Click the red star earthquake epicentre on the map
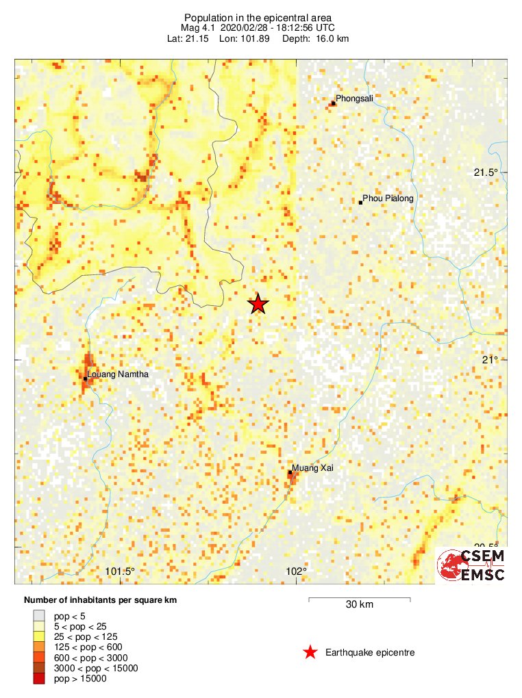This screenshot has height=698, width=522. click(258, 304)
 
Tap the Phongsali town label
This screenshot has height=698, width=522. click(354, 99)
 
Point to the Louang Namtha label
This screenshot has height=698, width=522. click(118, 374)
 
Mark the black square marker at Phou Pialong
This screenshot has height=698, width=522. click(361, 203)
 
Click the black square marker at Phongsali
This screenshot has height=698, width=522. click(333, 103)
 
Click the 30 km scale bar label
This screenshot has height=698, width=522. click(359, 605)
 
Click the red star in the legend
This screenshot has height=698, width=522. click(310, 652)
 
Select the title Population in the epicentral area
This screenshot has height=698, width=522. click(258, 17)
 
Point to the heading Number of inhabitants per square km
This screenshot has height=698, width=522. click(100, 600)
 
